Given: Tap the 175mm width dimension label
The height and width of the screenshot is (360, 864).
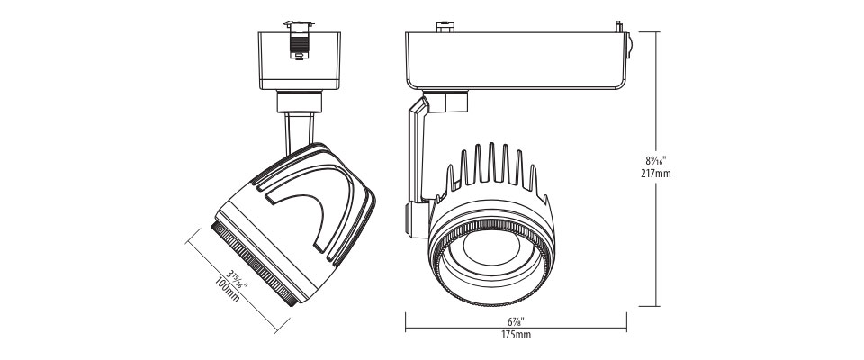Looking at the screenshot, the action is [x=516, y=335].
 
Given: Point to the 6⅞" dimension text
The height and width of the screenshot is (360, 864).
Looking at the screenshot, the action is [x=516, y=321].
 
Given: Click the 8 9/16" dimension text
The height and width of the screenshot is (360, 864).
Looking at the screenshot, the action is [x=656, y=161].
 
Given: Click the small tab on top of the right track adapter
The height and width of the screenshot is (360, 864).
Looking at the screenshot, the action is [x=445, y=26].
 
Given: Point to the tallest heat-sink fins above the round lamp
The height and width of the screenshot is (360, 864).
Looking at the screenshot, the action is [x=491, y=163].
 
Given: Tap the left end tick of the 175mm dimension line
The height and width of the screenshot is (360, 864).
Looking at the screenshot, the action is [x=406, y=322].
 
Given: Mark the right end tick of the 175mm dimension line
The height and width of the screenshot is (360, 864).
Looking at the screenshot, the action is [x=626, y=322].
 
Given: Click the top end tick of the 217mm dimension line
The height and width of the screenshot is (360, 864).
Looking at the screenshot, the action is [x=649, y=32].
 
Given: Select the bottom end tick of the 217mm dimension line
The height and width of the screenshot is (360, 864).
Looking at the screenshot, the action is [x=649, y=306].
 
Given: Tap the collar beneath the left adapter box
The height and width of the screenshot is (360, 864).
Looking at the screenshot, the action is [x=299, y=102].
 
